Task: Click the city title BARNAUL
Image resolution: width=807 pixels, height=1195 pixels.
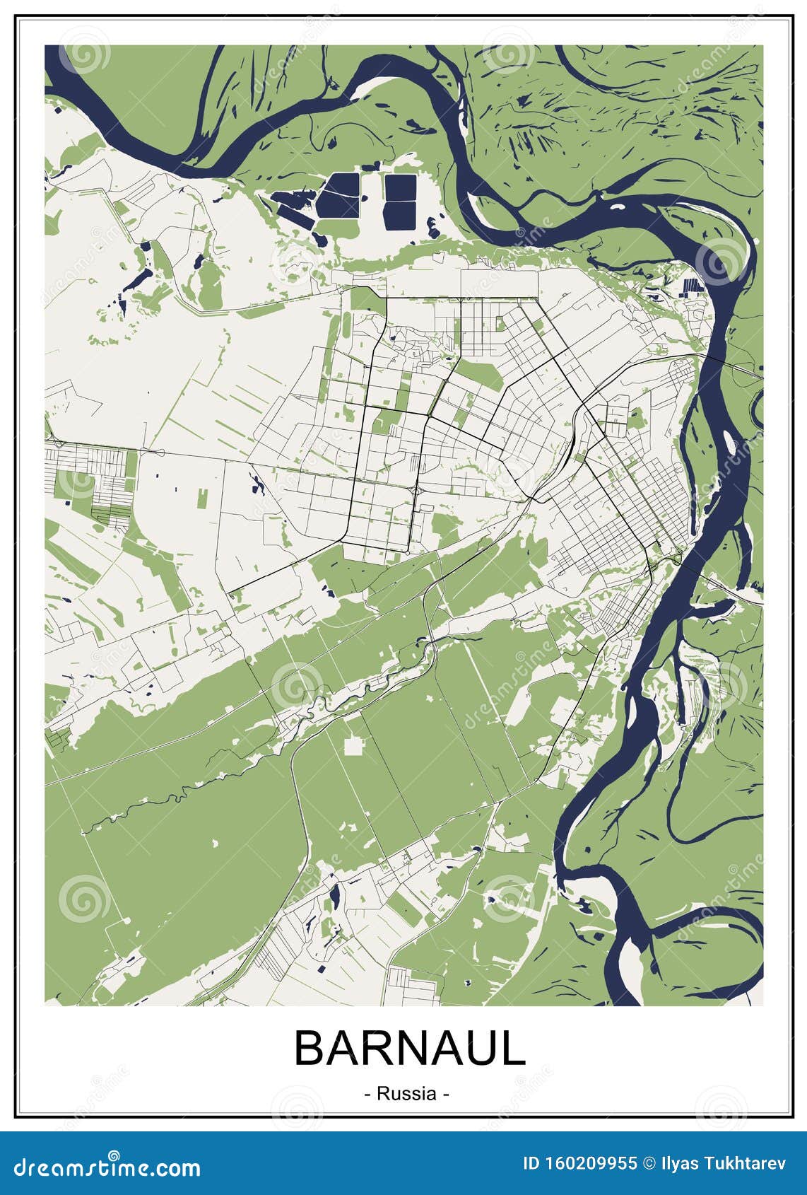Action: (x=410, y=1048)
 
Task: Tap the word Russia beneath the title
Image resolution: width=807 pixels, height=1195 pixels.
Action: (x=406, y=1093)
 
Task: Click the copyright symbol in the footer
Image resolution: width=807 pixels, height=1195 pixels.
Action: (x=649, y=1164)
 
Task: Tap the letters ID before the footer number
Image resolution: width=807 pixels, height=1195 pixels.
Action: (x=531, y=1164)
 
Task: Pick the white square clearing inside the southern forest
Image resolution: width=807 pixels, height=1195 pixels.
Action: (x=354, y=745)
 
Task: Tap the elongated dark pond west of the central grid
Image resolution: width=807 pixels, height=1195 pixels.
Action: (x=254, y=484)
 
